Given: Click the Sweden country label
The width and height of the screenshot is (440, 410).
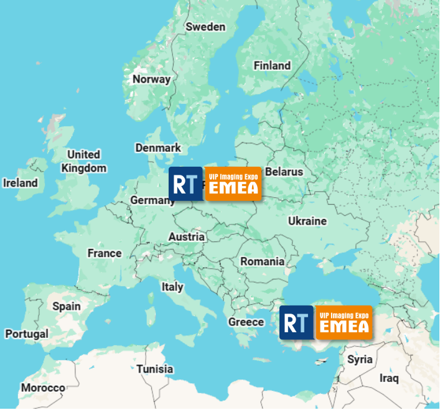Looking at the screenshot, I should tap(205, 27).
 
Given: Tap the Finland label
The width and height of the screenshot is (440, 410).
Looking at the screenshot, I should tap(272, 65).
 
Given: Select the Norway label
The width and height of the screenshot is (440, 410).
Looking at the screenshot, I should tap(151, 79).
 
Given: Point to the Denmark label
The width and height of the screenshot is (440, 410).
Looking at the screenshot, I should tap(158, 147).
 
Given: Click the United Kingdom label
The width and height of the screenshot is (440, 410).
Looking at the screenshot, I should tap(84, 161).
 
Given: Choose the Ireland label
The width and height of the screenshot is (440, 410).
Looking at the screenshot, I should tap(21, 183).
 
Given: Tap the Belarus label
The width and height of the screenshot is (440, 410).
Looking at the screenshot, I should tap(284, 172).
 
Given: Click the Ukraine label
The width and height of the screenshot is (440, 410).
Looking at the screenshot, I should tap(307, 221).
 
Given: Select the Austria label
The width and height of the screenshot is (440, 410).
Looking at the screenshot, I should tap(187, 236).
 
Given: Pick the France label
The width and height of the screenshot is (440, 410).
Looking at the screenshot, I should tap(105, 253).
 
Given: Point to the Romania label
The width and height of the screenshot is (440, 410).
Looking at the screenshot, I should tap(263, 261).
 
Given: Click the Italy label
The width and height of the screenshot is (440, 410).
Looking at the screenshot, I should tap(172, 287).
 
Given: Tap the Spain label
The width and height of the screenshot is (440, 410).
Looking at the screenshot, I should tap(67, 306).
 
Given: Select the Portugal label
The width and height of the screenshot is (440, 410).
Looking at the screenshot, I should tap(27, 334).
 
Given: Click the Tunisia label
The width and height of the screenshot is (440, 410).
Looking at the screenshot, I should tap(155, 369).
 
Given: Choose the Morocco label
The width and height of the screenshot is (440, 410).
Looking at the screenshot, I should tap(43, 388).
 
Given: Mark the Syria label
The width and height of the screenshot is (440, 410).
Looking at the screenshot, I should tap(360, 360).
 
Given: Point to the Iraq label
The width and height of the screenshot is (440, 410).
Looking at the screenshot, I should tap(389, 378).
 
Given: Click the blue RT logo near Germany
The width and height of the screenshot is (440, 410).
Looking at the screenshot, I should tap(185, 184).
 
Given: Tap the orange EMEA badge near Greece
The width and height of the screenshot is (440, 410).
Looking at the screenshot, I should tap(344, 322).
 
